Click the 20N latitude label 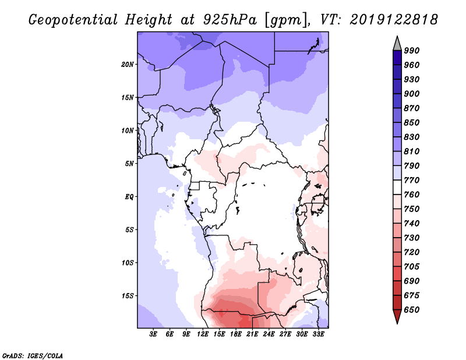(128, 65)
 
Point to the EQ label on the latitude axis (129, 197)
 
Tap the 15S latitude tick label (128, 296)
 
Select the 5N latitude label (129, 164)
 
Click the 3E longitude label (153, 334)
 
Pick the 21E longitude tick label (252, 334)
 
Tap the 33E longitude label (318, 334)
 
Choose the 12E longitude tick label (202, 334)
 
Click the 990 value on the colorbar (412, 51)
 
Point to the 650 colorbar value (412, 310)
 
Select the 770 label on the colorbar (412, 180)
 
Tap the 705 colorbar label (412, 266)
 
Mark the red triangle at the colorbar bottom (397, 316)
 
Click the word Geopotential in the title (73, 20)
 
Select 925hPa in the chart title (230, 20)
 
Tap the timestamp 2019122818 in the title (394, 20)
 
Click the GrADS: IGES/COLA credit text (33, 355)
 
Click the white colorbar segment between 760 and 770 (397, 188)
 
